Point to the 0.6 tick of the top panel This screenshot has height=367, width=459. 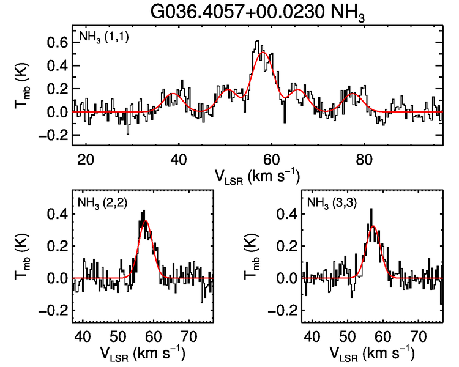(58, 43)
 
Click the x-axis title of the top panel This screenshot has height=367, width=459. (256, 176)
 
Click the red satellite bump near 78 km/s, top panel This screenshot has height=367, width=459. (353, 94)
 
